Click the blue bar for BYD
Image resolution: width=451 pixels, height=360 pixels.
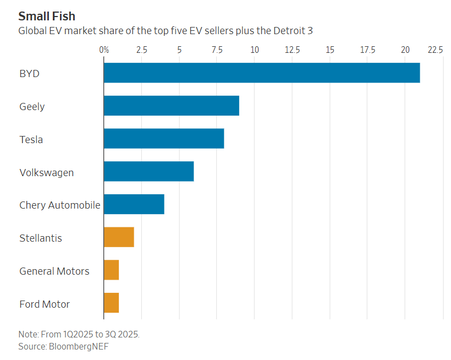(x=262, y=73)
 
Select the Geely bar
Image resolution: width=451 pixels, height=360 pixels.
(x=172, y=106)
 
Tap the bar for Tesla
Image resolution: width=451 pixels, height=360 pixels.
(x=164, y=139)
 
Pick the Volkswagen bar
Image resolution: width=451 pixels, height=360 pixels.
(x=148, y=172)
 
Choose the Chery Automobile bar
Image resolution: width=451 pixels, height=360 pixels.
(x=134, y=204)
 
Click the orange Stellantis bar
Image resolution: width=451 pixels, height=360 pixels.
(x=119, y=237)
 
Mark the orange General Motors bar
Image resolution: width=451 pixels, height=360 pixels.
(x=112, y=270)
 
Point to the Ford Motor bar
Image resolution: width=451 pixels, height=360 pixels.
(x=112, y=303)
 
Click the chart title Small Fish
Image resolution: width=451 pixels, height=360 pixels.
(x=47, y=15)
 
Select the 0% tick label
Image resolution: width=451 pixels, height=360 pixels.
(x=104, y=50)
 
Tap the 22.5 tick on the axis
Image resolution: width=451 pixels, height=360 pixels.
(x=435, y=50)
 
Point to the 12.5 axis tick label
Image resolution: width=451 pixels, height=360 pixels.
(x=292, y=50)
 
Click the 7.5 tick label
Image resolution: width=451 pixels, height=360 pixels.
(x=217, y=50)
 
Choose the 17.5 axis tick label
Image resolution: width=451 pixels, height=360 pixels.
(x=367, y=50)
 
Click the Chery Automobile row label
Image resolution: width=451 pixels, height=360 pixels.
(x=60, y=205)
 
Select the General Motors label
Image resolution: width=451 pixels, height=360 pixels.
(x=54, y=271)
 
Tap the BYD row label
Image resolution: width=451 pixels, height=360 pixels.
(x=30, y=73)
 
